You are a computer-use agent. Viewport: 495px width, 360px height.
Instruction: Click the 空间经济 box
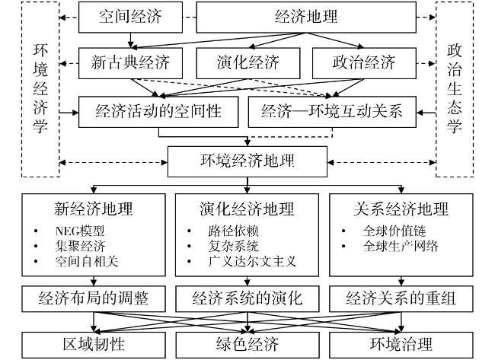(x=130, y=17)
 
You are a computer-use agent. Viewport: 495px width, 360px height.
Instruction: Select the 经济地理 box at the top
(x=306, y=17)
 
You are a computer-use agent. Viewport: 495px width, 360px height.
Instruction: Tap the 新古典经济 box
(x=130, y=63)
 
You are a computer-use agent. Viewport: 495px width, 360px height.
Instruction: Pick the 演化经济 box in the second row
(x=247, y=63)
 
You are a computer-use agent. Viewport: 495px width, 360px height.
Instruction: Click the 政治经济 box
(x=364, y=63)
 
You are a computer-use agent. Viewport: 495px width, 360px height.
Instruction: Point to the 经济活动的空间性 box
(x=158, y=112)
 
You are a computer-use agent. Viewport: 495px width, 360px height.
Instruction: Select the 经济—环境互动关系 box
(x=332, y=112)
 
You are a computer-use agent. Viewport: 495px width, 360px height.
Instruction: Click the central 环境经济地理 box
(x=247, y=161)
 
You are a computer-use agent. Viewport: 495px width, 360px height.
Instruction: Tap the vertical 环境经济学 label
(x=40, y=88)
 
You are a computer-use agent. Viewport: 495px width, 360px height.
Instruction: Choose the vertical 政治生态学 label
(x=455, y=88)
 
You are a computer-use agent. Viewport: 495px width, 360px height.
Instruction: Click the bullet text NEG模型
(x=79, y=231)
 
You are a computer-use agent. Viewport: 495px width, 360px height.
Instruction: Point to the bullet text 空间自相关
(x=87, y=261)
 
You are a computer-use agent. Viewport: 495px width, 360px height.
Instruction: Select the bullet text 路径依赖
(x=233, y=231)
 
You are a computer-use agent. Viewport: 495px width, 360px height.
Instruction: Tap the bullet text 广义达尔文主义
(x=252, y=261)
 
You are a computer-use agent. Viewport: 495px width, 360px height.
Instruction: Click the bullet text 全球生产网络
(x=401, y=246)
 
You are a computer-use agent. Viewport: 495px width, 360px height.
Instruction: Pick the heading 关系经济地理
(x=401, y=209)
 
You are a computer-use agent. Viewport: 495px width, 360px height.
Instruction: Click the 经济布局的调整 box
(x=94, y=299)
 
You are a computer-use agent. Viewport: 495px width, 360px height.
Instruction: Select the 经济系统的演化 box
(x=247, y=299)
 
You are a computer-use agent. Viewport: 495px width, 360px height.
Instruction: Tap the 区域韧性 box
(x=94, y=345)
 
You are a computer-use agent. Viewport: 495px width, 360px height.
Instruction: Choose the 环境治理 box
(x=401, y=345)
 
